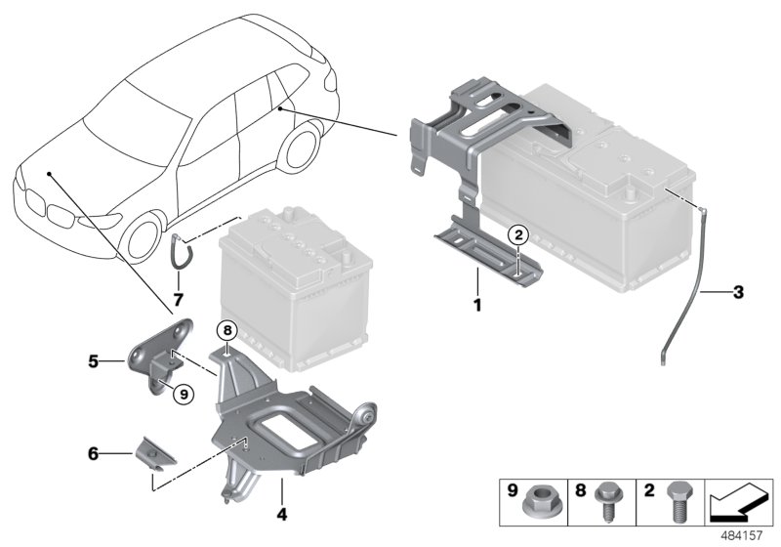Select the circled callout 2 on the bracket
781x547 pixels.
coord(519,233)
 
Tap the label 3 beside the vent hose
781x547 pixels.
coord(738,292)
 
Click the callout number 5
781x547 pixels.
coord(94,360)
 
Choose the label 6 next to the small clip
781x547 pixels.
coord(94,453)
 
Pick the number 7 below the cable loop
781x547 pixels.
coord(178,295)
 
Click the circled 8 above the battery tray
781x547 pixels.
coord(226,330)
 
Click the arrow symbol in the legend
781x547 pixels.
coord(738,506)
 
